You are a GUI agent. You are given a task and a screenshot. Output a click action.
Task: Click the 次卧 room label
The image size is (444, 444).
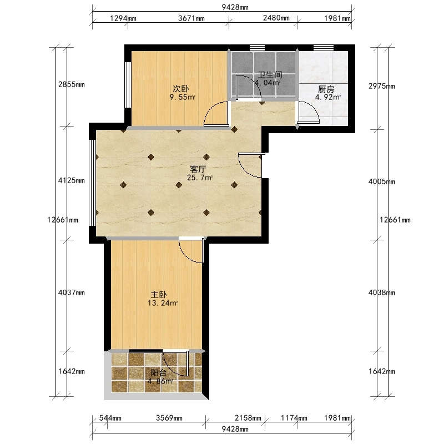[181, 89]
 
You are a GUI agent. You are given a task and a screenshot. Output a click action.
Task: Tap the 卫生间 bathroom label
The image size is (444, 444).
[270, 75]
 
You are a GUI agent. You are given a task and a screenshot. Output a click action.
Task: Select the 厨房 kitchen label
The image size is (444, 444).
[326, 89]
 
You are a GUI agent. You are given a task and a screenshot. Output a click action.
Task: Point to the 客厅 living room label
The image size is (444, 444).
[198, 169]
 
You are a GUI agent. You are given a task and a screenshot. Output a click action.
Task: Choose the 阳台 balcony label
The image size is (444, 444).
[159, 372]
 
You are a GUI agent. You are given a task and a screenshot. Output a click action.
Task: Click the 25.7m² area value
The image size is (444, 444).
[200, 178]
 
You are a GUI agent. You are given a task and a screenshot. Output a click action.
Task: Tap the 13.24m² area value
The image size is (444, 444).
[163, 303]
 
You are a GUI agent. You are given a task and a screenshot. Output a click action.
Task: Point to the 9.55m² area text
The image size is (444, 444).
[183, 98]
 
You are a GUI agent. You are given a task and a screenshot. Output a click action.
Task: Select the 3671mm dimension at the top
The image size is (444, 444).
[191, 18]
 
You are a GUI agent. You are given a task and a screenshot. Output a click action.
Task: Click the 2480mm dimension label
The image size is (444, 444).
[276, 18]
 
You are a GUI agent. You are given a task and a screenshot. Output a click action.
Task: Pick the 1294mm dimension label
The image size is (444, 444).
[123, 19]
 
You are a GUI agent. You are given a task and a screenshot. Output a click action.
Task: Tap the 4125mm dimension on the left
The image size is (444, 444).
[72, 180]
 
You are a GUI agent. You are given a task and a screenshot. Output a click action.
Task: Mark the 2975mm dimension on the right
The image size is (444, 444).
[381, 86]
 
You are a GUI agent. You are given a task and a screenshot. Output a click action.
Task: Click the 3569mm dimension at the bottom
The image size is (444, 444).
[169, 418]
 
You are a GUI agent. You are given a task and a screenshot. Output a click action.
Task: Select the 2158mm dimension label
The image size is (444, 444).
[248, 418]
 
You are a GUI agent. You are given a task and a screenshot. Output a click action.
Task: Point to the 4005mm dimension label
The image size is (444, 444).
[381, 181]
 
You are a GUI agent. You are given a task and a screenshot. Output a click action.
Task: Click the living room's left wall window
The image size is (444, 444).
[92, 183]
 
